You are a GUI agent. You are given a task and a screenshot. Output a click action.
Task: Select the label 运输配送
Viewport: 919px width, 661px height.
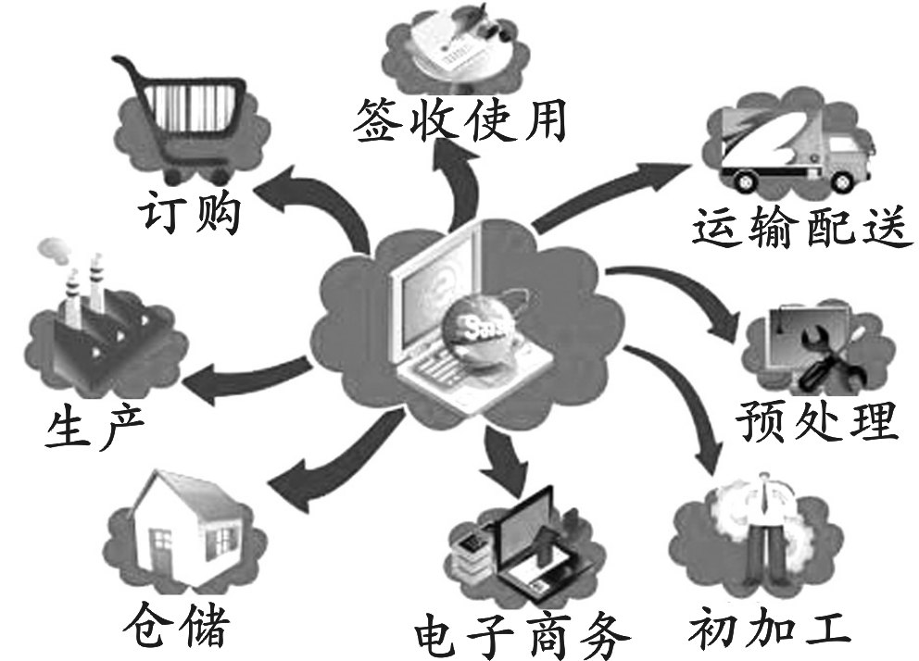(x=797, y=228)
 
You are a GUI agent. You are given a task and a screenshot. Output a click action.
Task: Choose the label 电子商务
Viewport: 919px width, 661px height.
(x=523, y=634)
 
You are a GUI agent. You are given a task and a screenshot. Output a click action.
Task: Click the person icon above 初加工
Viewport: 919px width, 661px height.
(x=764, y=532)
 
